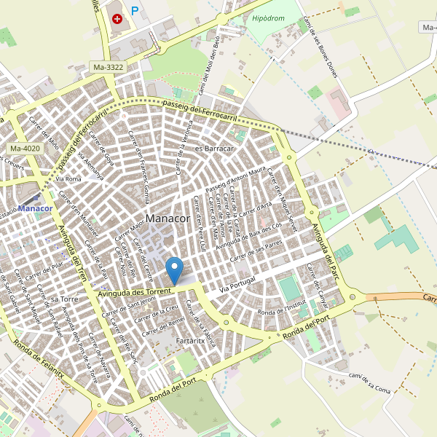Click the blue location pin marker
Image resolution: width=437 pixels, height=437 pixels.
(x=175, y=270)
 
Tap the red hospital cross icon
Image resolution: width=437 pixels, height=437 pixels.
(x=117, y=18)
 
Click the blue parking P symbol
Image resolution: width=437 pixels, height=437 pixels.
(x=135, y=11)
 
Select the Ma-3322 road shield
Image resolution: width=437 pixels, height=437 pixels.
(x=109, y=67)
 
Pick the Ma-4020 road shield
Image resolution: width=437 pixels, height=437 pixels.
(x=25, y=149)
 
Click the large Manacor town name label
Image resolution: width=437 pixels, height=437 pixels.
(x=168, y=219)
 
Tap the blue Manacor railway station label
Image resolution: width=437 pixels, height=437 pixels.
(x=36, y=209)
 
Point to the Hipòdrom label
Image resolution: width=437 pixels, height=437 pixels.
(x=267, y=18)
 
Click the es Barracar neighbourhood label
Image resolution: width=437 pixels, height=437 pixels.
(x=214, y=149)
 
